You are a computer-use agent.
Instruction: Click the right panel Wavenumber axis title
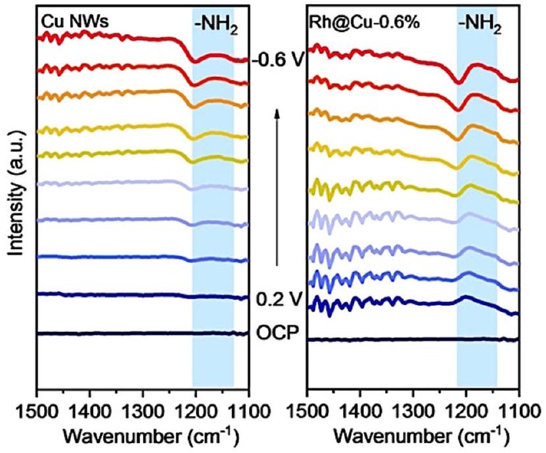[x=413, y=437]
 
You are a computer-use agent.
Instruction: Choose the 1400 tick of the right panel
[x=360, y=411]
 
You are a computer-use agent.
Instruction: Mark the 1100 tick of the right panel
[x=519, y=411]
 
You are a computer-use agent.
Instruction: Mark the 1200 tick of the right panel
[x=466, y=411]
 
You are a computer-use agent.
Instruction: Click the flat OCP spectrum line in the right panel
[x=413, y=339]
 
